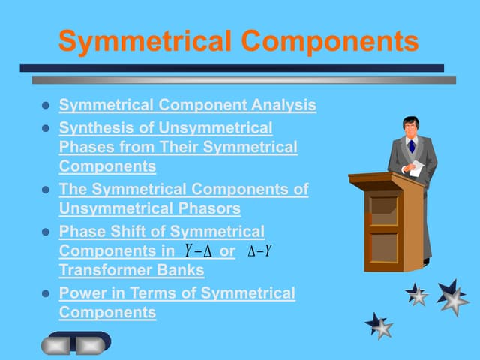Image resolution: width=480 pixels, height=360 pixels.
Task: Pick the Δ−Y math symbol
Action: [259, 250]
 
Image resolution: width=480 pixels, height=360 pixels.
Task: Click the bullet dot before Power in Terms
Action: [45, 294]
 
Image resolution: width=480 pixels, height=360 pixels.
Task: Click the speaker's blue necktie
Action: [411, 146]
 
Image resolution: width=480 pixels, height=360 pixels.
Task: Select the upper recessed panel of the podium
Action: [383, 205]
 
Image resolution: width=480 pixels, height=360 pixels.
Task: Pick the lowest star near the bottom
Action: [379, 325]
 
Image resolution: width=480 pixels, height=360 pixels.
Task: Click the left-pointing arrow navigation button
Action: [57, 345]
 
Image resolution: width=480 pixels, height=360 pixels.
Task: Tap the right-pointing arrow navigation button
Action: [91, 345]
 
